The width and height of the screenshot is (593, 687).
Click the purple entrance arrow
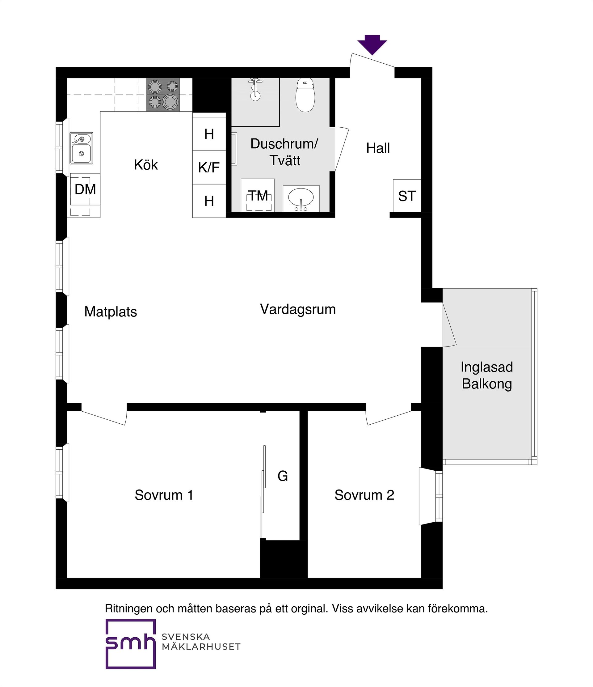pyautogui.click(x=372, y=44)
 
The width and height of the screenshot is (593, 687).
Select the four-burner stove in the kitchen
pyautogui.click(x=163, y=95)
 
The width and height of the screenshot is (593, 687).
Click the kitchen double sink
pyautogui.click(x=81, y=148)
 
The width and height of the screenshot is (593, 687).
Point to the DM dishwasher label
pyautogui.click(x=85, y=189)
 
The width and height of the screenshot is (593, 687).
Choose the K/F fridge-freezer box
pyautogui.click(x=209, y=168)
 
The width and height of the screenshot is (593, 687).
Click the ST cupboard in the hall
pyautogui.click(x=407, y=196)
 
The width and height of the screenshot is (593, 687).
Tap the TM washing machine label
pyautogui.click(x=258, y=196)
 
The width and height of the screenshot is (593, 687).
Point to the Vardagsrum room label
pyautogui.click(x=298, y=309)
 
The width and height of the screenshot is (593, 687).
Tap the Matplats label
pyautogui.click(x=110, y=312)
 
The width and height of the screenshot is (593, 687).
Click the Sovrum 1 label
pyautogui.click(x=164, y=495)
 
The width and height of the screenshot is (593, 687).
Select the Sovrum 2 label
pyautogui.click(x=364, y=495)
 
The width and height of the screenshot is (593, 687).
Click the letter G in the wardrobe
pyautogui.click(x=283, y=476)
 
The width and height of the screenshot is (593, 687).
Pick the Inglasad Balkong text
pyautogui.click(x=487, y=375)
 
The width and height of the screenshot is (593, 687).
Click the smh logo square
pyautogui.click(x=131, y=644)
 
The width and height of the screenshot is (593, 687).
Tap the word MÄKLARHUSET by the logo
pyautogui.click(x=201, y=647)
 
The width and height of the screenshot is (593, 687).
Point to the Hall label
pyautogui.click(x=378, y=148)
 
